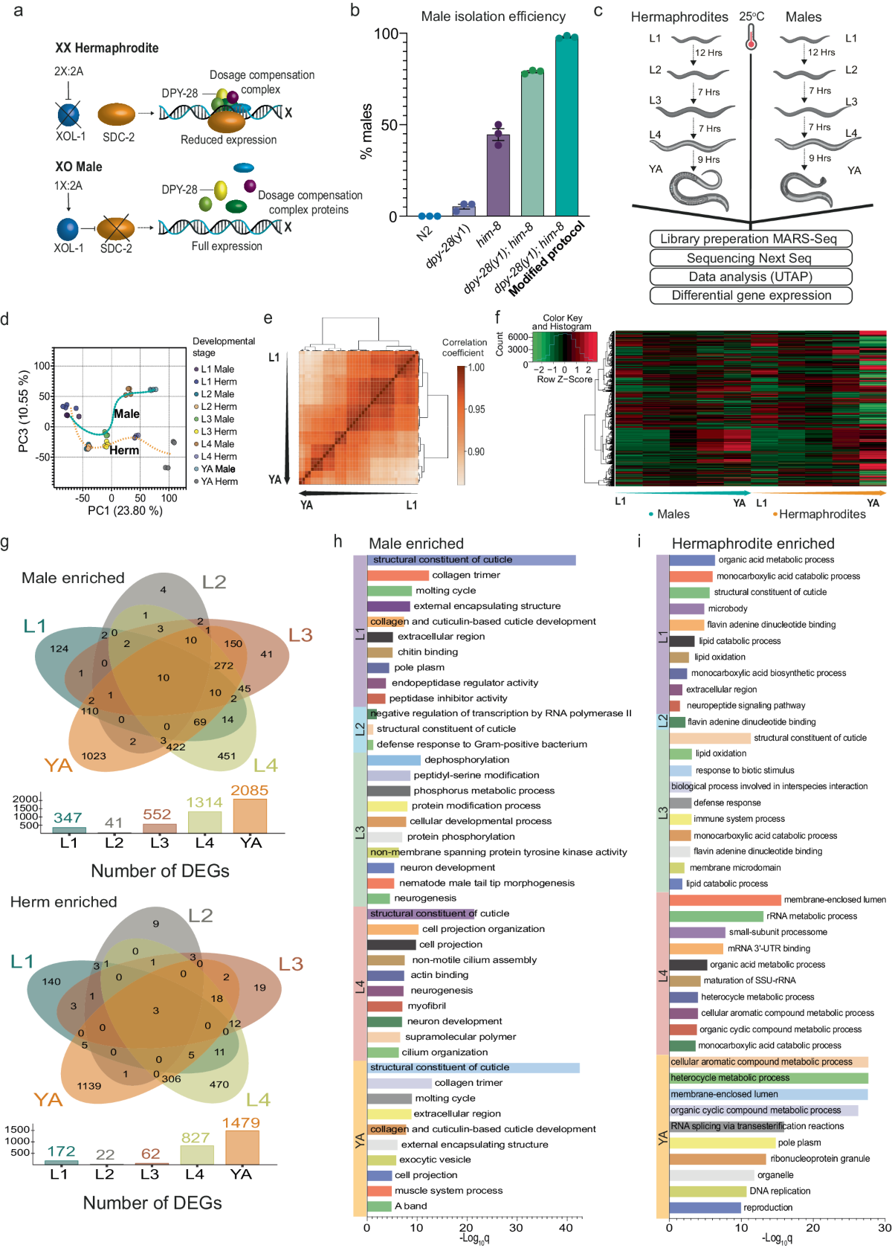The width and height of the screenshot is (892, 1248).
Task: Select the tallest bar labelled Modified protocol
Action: point(566,126)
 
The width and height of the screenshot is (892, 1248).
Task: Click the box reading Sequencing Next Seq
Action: point(750,258)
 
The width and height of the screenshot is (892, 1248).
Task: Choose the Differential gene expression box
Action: point(750,295)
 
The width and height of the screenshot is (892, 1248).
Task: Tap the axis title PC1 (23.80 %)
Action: point(125,510)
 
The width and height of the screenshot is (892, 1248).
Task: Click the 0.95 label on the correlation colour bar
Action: point(476,409)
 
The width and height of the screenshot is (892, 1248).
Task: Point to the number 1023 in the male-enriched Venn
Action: point(94,756)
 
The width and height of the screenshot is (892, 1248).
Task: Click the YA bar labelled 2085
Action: point(250,815)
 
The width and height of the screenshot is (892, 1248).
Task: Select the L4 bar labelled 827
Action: point(195,1154)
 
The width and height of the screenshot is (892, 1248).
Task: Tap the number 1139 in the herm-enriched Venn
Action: point(88,1086)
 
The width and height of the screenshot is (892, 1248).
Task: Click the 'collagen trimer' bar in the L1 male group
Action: point(398,575)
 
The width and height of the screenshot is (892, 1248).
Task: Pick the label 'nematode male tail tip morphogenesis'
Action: point(486,883)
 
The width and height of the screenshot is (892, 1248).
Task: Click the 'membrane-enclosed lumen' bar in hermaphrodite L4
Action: point(725,900)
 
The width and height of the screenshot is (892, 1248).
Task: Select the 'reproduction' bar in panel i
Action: point(705,1207)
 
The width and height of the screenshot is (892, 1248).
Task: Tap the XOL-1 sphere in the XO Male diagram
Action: point(68,229)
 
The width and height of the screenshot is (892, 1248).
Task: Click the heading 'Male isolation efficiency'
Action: point(493,16)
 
